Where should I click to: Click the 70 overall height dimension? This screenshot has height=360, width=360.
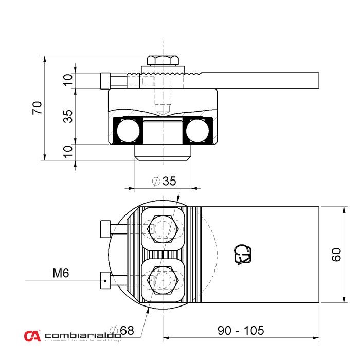[x=37, y=108]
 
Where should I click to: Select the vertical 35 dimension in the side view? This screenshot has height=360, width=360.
[x=67, y=117]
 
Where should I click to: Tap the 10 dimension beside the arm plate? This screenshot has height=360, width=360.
[x=67, y=81]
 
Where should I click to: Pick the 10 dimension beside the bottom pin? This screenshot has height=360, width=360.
[x=67, y=152]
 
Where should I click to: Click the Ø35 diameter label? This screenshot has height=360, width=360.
[x=164, y=181]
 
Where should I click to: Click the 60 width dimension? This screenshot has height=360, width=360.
[x=336, y=255]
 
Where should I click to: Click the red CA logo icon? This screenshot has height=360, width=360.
[x=32, y=336]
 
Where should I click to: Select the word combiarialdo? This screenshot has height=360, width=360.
[x=83, y=335]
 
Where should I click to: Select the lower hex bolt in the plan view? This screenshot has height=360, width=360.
[x=163, y=281]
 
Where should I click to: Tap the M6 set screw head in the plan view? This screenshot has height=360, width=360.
[x=105, y=281]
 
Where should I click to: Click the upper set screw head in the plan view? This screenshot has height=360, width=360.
[x=105, y=228]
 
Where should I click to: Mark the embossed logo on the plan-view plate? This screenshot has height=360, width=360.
[x=243, y=255]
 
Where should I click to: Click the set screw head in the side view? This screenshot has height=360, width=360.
[x=106, y=81]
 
